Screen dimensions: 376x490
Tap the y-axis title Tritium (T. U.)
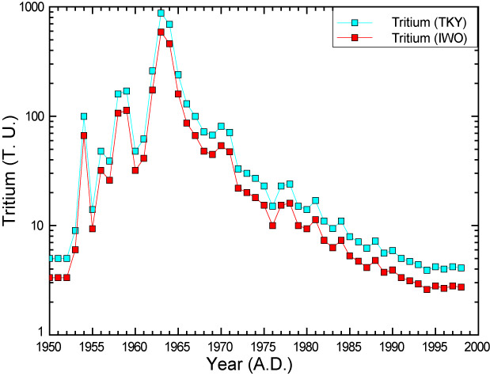[x=11, y=169]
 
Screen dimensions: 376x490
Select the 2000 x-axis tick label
[x=475, y=347]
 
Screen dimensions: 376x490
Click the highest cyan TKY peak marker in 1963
[x=161, y=13]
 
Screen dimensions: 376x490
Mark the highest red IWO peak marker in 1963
[x=161, y=32]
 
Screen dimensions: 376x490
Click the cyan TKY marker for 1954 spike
[x=84, y=116]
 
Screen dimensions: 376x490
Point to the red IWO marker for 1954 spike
[x=84, y=135]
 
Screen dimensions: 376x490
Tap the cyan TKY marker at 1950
[x=49, y=258]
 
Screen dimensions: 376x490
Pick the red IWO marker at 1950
[x=49, y=278]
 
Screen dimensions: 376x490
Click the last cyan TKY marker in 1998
[x=462, y=268]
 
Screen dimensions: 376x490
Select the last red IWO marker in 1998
[x=462, y=287]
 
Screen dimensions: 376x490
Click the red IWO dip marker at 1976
[x=272, y=226]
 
